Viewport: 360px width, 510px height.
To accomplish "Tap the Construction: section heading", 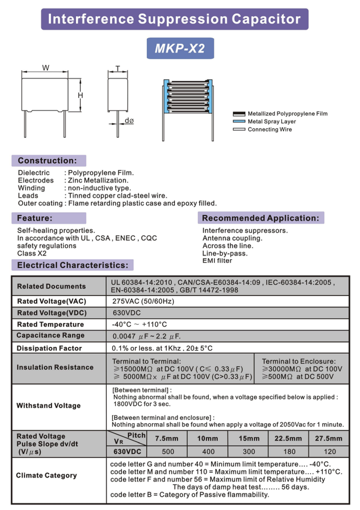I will click(x=47, y=160).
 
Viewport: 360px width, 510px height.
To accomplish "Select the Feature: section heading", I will click(x=35, y=218).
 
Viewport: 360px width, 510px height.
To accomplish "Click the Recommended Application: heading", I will click(x=261, y=218).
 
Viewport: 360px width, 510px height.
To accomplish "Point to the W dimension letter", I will click(x=46, y=68).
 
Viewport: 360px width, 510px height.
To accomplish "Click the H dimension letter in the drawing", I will click(x=80, y=95).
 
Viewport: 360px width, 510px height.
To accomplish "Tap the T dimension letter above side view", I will click(x=118, y=68).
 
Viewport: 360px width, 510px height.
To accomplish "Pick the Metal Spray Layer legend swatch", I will click(x=238, y=122).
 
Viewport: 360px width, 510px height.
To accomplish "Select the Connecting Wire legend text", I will click(x=270, y=130).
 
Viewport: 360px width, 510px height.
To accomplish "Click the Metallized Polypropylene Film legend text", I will click(x=287, y=114).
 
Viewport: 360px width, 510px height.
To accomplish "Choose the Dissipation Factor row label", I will click(x=49, y=348).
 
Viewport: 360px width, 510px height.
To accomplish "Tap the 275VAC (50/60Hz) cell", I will click(x=143, y=301).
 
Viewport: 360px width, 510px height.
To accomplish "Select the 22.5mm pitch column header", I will click(x=288, y=438).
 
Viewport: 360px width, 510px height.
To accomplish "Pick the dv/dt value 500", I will click(x=168, y=452).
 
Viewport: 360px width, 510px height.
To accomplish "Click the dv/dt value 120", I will click(x=330, y=452).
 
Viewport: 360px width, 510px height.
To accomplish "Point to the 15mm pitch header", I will click(x=249, y=438).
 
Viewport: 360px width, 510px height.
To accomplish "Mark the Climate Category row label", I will click(x=46, y=475).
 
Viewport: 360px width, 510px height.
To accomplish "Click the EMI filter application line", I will click(x=217, y=261).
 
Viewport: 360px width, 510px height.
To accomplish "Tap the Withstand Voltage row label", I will click(x=48, y=406).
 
